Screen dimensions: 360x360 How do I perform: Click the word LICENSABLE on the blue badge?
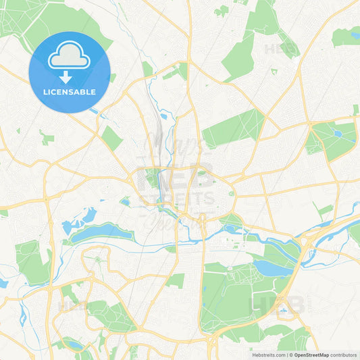click(69, 92)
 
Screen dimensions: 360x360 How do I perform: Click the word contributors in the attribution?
click(343, 354)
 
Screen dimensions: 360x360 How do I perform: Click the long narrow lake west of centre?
click(101, 233)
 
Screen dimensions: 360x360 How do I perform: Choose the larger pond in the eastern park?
click(338, 134)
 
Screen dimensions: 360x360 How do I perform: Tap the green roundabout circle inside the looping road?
click(99, 259)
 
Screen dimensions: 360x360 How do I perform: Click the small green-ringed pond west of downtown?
click(125, 201)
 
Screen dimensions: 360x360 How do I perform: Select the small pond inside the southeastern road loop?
click(284, 312)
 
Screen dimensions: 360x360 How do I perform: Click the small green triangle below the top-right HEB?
click(274, 71)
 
